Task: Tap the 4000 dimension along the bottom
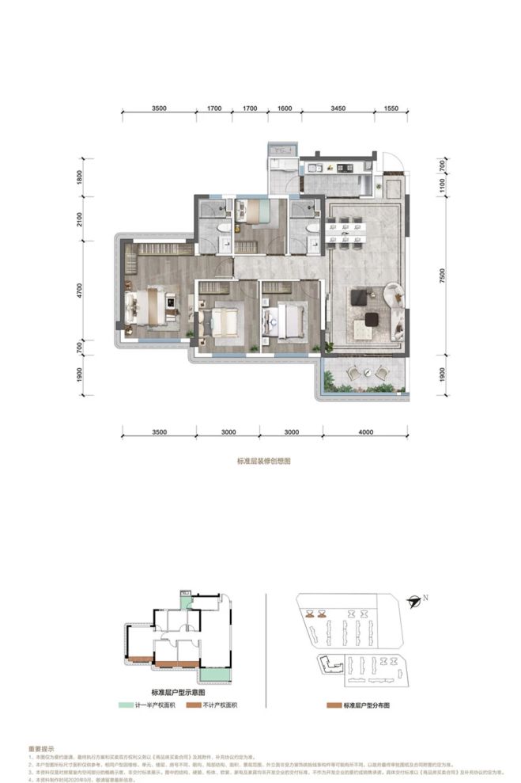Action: click(x=365, y=433)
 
